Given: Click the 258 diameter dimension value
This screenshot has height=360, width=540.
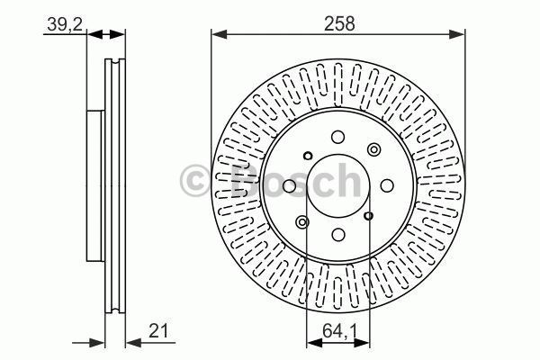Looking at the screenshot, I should pyautogui.click(x=337, y=24).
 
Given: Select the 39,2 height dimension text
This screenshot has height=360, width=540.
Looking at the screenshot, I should pyautogui.click(x=61, y=24).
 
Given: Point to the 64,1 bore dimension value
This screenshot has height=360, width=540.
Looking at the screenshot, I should pyautogui.click(x=337, y=331).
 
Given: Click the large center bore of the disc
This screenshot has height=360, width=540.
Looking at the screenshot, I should pyautogui.click(x=337, y=185).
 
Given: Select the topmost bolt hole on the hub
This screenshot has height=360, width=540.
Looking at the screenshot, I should pyautogui.click(x=337, y=138).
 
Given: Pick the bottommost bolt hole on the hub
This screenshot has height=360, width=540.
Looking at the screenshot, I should pyautogui.click(x=337, y=234).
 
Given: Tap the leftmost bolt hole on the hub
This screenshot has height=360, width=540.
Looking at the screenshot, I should pyautogui.click(x=290, y=186).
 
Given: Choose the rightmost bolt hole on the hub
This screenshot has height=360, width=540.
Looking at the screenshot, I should pyautogui.click(x=385, y=185).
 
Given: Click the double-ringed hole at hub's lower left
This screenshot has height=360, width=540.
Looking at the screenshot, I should pyautogui.click(x=301, y=222).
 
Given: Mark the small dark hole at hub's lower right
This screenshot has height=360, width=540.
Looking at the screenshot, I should pyautogui.click(x=370, y=216).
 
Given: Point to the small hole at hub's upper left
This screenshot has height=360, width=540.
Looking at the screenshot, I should pyautogui.click(x=306, y=155).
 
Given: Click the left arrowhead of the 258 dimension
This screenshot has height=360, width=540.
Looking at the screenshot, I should pyautogui.click(x=217, y=35).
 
